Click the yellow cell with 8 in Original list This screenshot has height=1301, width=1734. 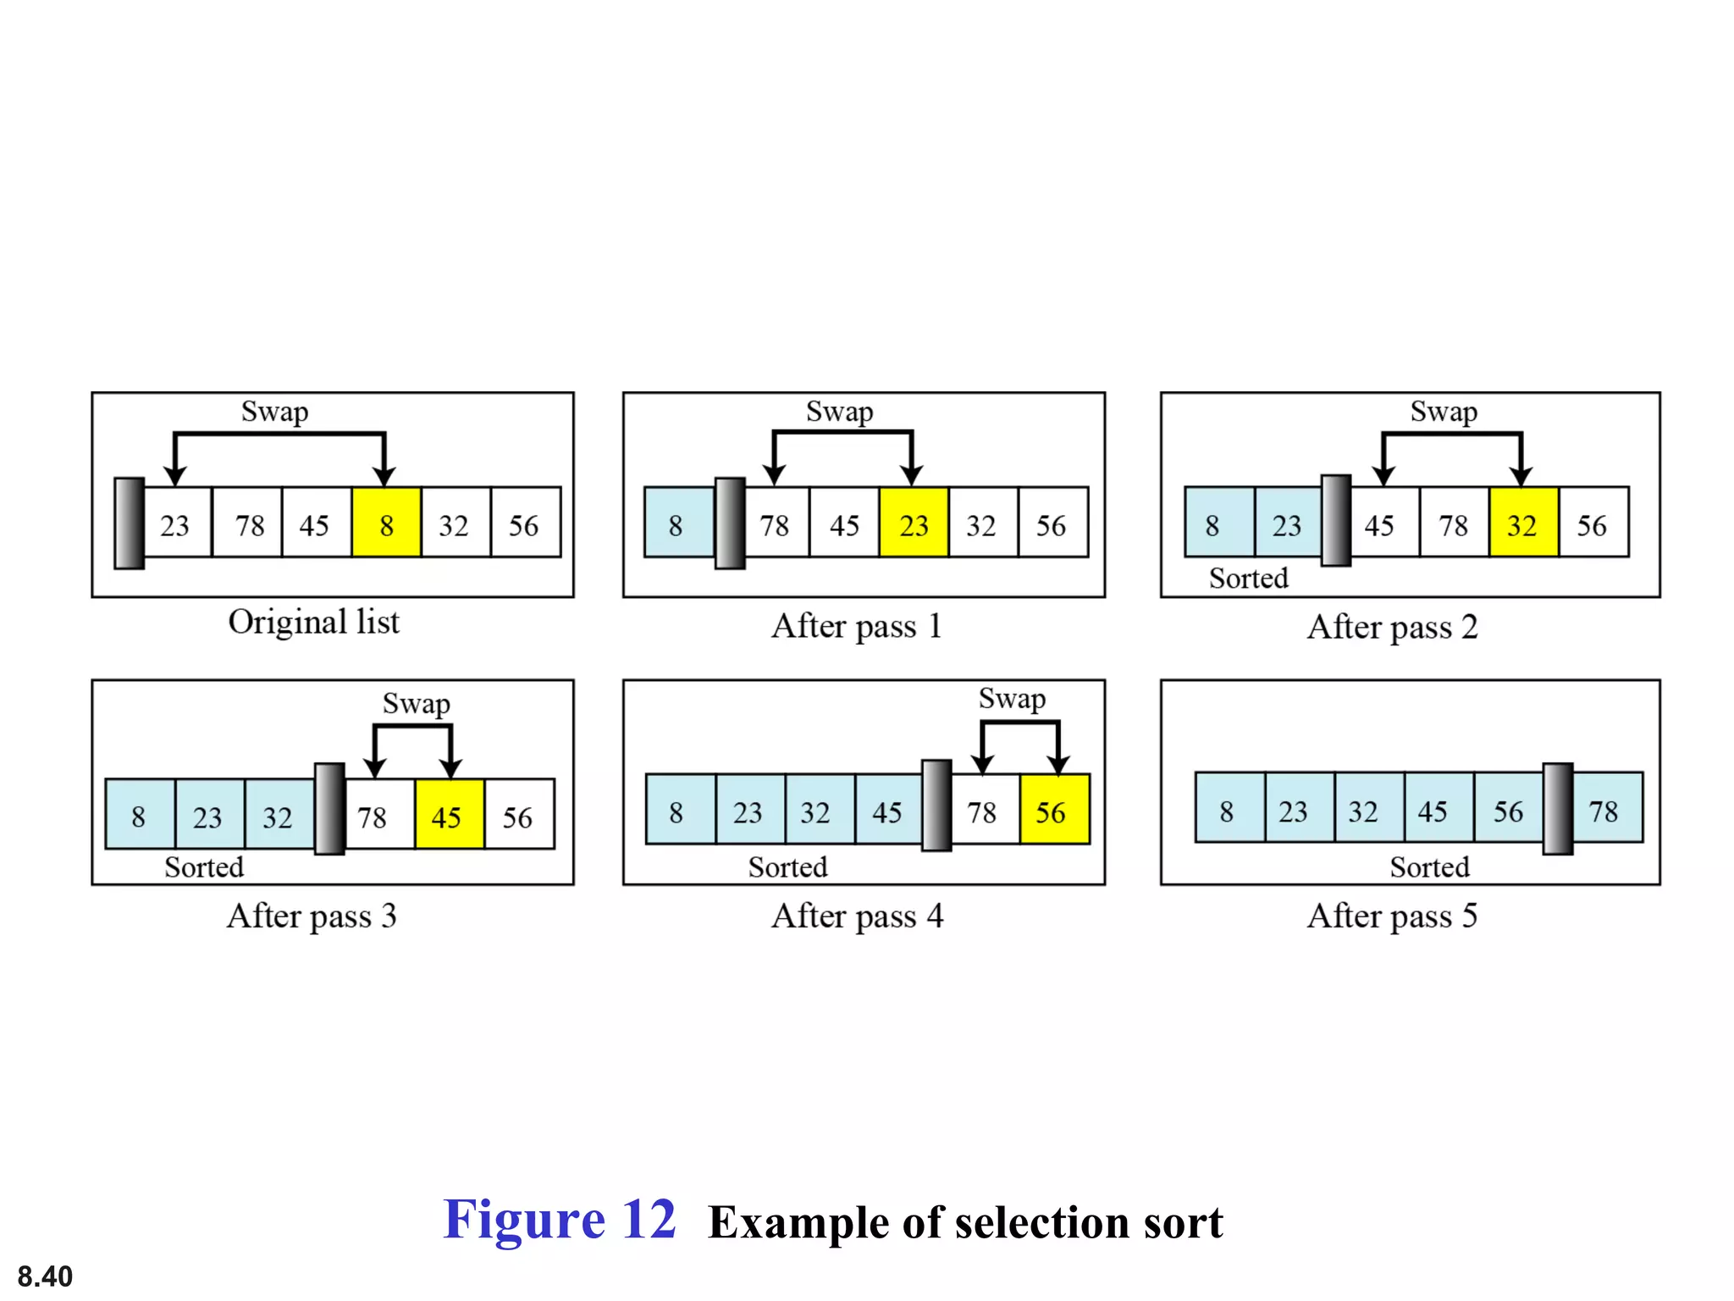point(386,523)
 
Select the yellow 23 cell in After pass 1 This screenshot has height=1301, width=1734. point(914,523)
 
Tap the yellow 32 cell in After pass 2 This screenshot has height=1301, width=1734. point(1523,523)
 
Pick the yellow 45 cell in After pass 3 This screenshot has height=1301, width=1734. point(449,815)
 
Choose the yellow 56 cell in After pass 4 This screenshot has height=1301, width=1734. point(1054,810)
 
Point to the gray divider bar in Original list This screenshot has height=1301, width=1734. point(130,523)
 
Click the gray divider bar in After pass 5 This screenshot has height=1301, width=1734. point(1557,808)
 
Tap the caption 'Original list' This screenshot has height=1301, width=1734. point(313,623)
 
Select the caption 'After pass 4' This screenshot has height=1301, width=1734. point(857,916)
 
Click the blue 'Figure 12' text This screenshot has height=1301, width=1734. point(559,1220)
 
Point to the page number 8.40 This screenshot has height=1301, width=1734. point(45,1276)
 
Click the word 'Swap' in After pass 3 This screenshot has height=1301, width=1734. point(416,704)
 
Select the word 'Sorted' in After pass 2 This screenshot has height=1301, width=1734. point(1248,579)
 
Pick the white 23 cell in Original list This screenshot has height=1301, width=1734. point(176,523)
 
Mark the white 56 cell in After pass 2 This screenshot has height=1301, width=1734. point(1593,523)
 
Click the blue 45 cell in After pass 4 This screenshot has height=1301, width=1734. point(887,810)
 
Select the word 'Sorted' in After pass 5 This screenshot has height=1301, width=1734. point(1429,867)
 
